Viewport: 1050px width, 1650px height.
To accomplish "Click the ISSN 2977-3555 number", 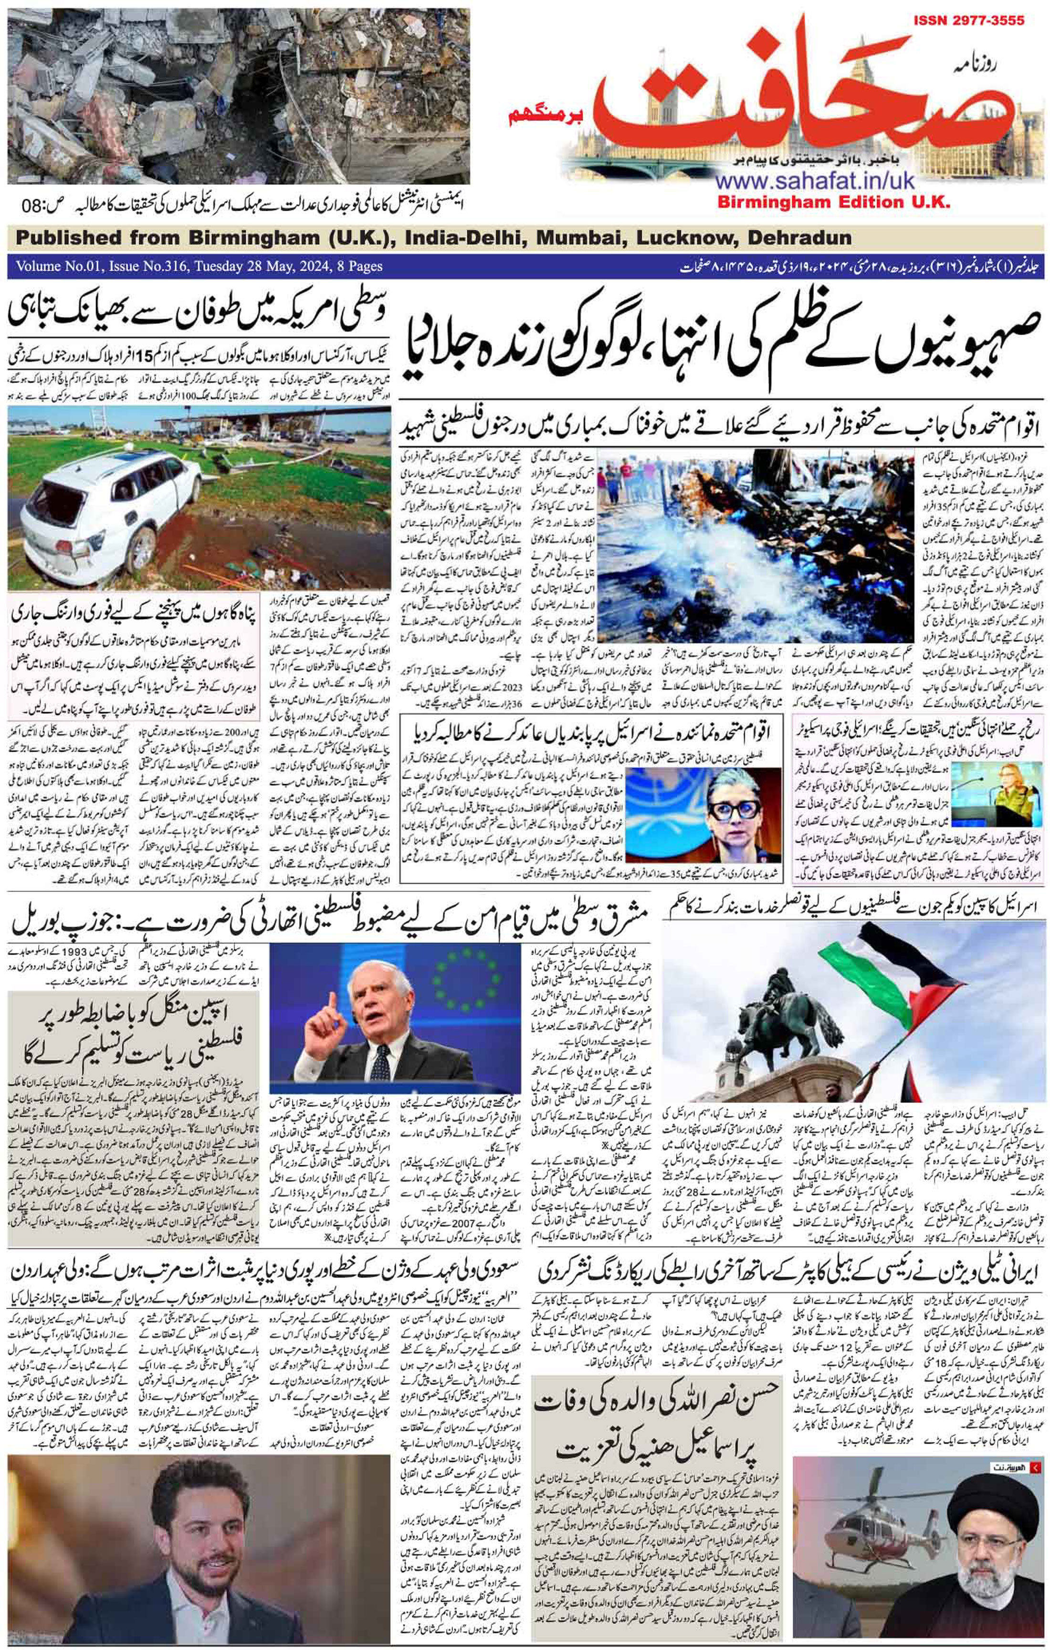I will pos(968,21).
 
